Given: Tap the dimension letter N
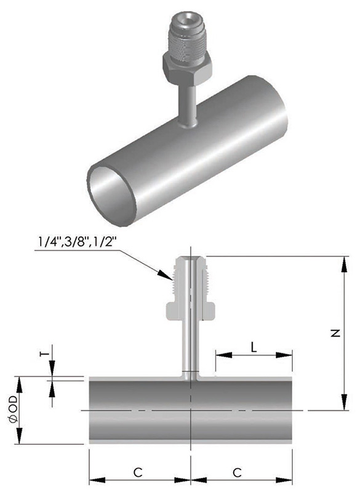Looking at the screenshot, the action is coord(335,333).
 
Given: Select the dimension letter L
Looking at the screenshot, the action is coord(254,347).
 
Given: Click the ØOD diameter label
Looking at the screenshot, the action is coord(14,410).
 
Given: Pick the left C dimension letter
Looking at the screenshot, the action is coord(138,472).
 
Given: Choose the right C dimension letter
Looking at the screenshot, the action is coord(238,472).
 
